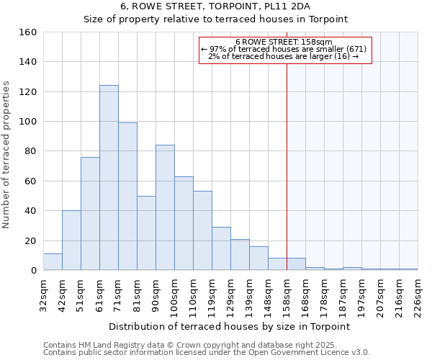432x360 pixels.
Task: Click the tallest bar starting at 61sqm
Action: pyautogui.click(x=109, y=178)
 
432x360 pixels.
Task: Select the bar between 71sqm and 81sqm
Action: pyautogui.click(x=127, y=197)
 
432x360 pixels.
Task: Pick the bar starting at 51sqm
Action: pyautogui.click(x=90, y=214)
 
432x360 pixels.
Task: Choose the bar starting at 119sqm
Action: pyautogui.click(x=221, y=248)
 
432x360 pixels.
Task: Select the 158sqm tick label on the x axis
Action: pyautogui.click(x=287, y=294)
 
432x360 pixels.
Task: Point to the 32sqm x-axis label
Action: pyautogui.click(x=44, y=294)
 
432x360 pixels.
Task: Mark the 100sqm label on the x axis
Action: pyautogui.click(x=175, y=294)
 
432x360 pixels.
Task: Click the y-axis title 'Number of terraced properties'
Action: pyautogui.click(x=7, y=155)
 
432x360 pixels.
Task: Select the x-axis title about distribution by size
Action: pyautogui.click(x=230, y=326)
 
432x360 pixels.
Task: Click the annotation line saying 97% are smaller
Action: pyautogui.click(x=284, y=49)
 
